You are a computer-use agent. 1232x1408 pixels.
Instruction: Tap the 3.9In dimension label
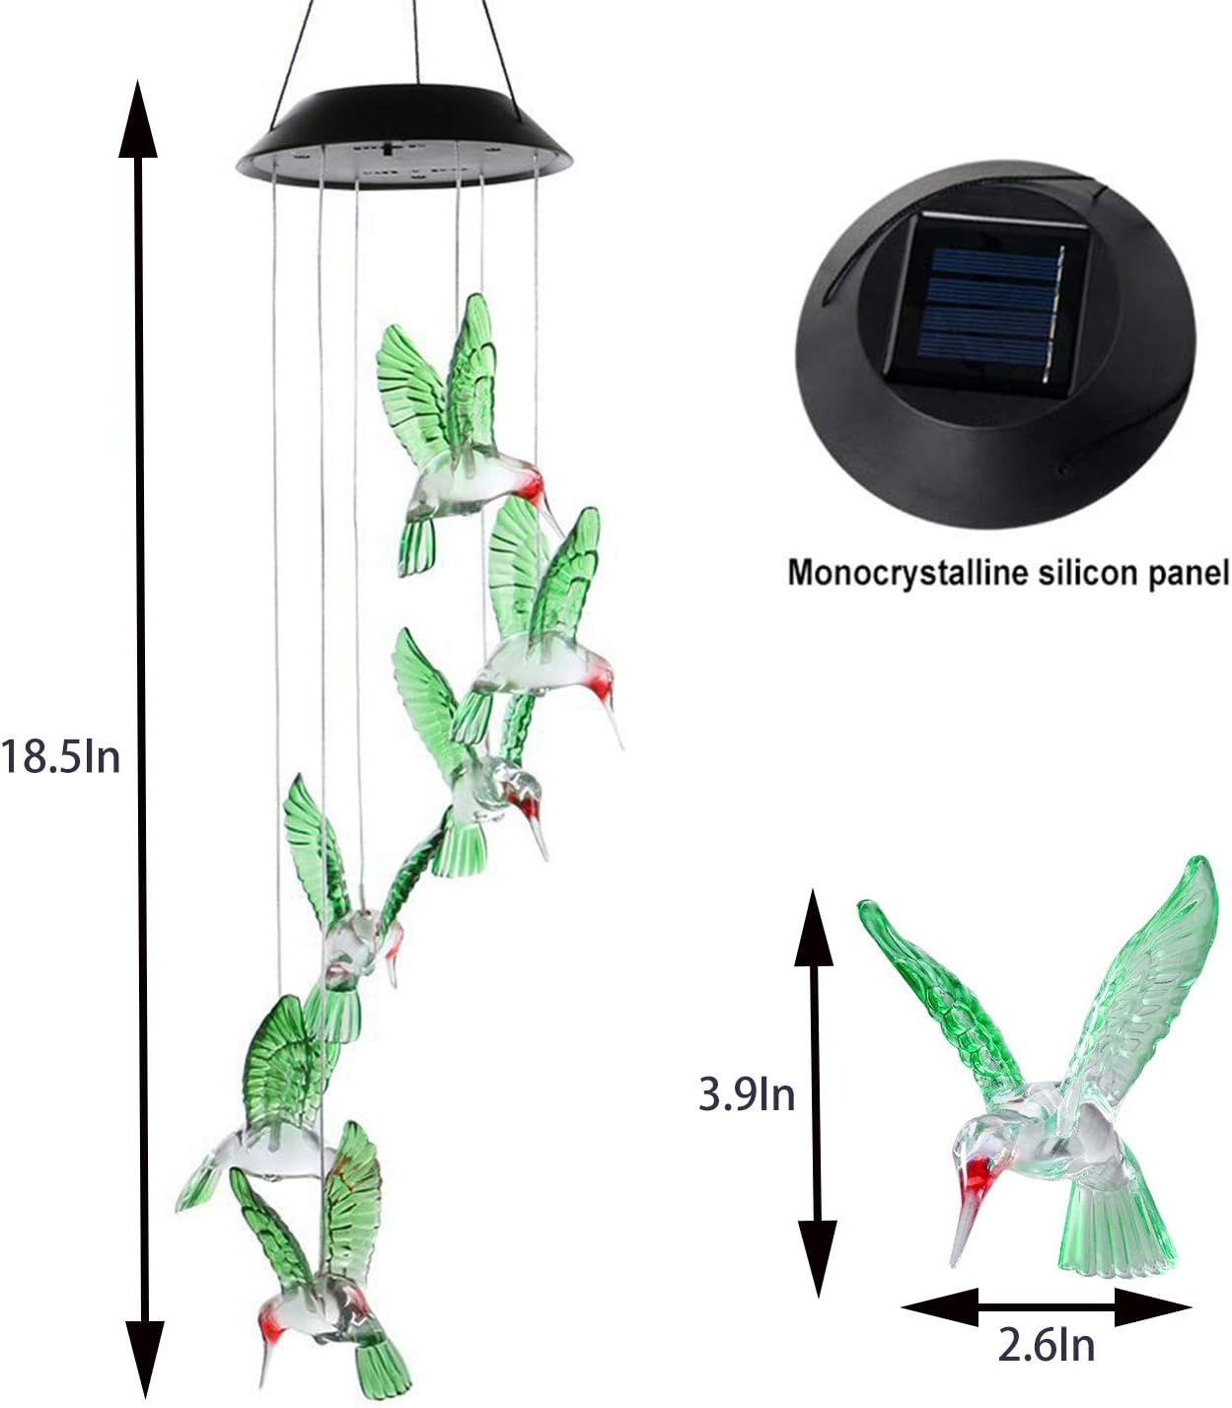747,1094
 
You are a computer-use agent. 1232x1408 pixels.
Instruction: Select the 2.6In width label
1047,1344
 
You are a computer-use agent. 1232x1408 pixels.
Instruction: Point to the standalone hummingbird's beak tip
955,1263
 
